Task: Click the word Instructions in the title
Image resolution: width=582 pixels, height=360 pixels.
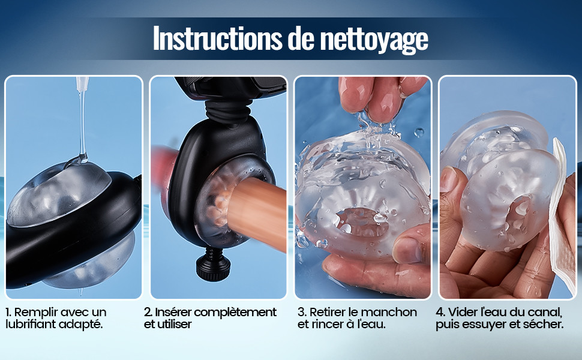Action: point(218,38)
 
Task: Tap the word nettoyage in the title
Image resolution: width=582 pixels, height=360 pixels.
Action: point(374,40)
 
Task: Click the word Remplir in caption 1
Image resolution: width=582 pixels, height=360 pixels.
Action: point(35,313)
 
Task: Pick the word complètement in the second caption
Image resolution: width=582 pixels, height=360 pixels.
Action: point(235,313)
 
